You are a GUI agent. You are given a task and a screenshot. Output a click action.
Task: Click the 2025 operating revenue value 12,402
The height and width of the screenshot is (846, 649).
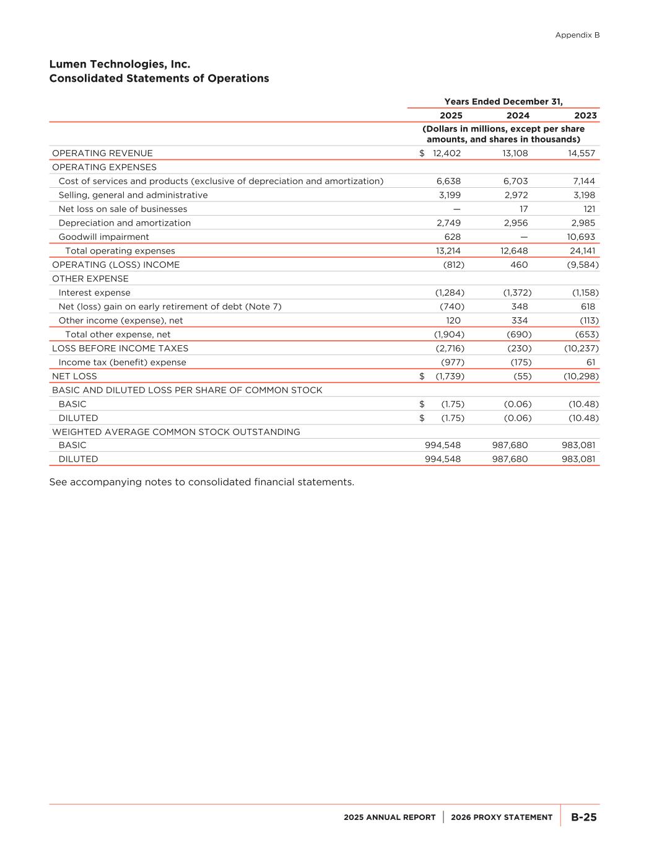[x=446, y=153]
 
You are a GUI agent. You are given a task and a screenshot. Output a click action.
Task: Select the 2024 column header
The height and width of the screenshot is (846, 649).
[x=518, y=115]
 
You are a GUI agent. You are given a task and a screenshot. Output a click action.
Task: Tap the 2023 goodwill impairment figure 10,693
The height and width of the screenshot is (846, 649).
[x=582, y=237]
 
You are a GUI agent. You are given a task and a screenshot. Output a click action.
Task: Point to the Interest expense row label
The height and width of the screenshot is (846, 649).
[x=94, y=293]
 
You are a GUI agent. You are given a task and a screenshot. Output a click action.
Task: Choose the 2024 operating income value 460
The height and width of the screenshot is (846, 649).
[x=519, y=265]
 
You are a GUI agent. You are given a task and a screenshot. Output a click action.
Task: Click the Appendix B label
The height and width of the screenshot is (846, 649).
[x=577, y=35]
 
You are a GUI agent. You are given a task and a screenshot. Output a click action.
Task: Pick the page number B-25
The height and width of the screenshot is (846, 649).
[x=583, y=817]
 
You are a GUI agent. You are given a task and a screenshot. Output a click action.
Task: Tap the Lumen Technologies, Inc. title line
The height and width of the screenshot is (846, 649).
[x=120, y=64]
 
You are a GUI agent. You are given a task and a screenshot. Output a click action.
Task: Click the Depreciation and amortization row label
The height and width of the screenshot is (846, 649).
[x=124, y=223]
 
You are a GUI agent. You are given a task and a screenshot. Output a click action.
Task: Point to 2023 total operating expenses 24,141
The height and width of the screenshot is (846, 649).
[x=582, y=251]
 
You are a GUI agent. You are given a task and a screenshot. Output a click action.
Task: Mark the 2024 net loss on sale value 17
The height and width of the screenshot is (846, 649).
[x=523, y=209]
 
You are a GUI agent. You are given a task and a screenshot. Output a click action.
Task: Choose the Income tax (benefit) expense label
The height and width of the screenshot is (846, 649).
[x=122, y=363]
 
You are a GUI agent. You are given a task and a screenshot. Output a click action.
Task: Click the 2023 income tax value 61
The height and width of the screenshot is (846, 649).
[x=590, y=363]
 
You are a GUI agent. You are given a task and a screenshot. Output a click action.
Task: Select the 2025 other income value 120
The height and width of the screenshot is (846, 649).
[x=453, y=320]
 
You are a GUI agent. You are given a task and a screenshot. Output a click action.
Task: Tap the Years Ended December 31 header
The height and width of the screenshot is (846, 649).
[x=503, y=102]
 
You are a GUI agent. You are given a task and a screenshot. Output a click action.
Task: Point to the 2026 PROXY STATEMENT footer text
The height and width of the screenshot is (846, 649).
[x=502, y=817]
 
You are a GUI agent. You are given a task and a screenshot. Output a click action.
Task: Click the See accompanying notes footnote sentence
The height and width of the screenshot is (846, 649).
[x=201, y=482]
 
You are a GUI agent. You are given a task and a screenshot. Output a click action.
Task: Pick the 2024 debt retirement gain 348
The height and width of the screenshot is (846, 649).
[x=520, y=307]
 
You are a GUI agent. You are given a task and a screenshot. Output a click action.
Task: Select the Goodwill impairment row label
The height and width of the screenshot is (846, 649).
[x=103, y=237]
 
